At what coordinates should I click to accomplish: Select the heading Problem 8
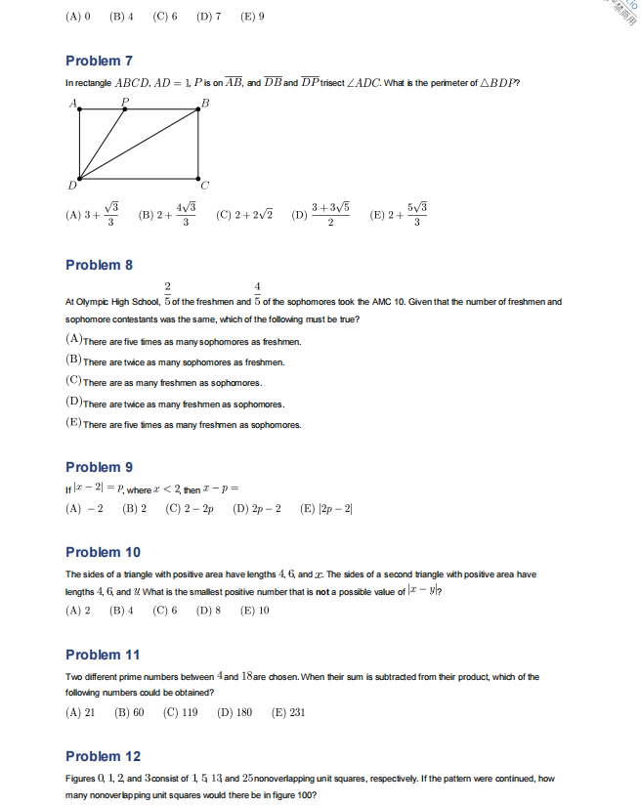pyautogui.click(x=99, y=265)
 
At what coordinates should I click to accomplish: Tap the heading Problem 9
pyautogui.click(x=99, y=467)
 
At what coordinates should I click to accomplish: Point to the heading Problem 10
pyautogui.click(x=103, y=552)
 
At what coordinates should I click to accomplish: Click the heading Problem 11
pyautogui.click(x=103, y=655)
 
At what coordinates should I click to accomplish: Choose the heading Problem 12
pyautogui.click(x=103, y=756)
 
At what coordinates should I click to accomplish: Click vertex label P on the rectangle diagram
pyautogui.click(x=125, y=101)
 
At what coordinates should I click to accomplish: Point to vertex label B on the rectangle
pyautogui.click(x=205, y=104)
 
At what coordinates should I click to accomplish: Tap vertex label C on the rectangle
pyautogui.click(x=204, y=186)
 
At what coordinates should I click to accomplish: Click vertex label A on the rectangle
pyautogui.click(x=73, y=104)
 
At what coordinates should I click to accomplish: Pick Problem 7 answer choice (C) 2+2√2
pyautogui.click(x=244, y=215)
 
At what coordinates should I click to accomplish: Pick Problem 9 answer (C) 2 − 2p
pyautogui.click(x=190, y=509)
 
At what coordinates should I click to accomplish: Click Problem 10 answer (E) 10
pyautogui.click(x=254, y=611)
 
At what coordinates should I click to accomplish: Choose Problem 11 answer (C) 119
pyautogui.click(x=181, y=712)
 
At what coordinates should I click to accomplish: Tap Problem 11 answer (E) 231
pyautogui.click(x=288, y=712)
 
